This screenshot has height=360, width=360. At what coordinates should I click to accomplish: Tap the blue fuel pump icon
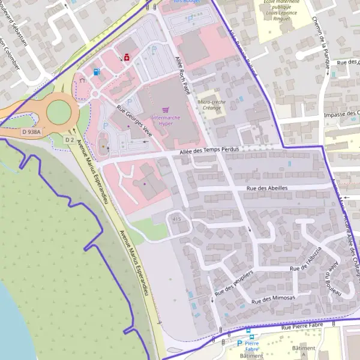pyautogui.click(x=97, y=71)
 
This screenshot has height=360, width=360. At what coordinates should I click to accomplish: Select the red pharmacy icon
pyautogui.click(x=127, y=58)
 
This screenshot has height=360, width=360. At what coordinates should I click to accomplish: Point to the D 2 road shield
pyautogui.click(x=69, y=139)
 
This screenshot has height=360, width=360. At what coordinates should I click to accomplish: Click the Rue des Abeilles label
pyautogui.click(x=267, y=188)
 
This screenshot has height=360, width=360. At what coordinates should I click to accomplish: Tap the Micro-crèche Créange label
pyautogui.click(x=211, y=105)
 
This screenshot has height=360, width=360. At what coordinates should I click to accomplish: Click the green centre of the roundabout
pyautogui.click(x=58, y=111)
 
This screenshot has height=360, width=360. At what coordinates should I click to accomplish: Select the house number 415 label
pyautogui.click(x=176, y=219)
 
